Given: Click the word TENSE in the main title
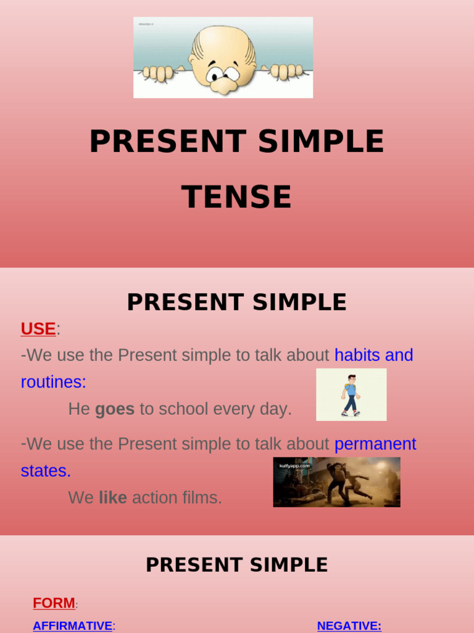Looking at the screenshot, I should pyautogui.click(x=236, y=197).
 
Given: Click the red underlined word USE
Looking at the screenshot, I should pyautogui.click(x=38, y=329).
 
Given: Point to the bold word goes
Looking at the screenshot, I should pyautogui.click(x=115, y=409).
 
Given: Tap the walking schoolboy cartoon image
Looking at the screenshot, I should pyautogui.click(x=351, y=395).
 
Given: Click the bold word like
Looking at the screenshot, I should pyautogui.click(x=113, y=498).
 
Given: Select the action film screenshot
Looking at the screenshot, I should pyautogui.click(x=336, y=482).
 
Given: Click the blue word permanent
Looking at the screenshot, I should pyautogui.click(x=375, y=444).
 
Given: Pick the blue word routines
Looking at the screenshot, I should pyautogui.click(x=53, y=382).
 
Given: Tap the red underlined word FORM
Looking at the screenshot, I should pyautogui.click(x=54, y=603).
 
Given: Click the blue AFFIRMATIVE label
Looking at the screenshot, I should pyautogui.click(x=73, y=626).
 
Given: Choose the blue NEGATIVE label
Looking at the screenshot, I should pyautogui.click(x=349, y=626).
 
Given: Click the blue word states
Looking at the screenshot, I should pyautogui.click(x=46, y=470).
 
